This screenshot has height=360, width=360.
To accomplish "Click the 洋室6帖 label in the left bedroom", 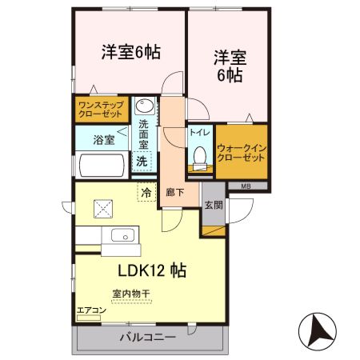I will pos(130,52).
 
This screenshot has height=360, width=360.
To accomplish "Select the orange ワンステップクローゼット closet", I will pos(100,109).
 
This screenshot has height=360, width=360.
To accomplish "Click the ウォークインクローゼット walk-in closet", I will pos(241,152).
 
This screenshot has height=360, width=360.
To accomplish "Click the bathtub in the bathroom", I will pos(101,166).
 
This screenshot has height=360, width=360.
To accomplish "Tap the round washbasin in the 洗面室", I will pos(144,106).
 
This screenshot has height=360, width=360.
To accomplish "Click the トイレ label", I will pos(197,134).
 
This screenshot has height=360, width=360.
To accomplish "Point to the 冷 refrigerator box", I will pos(146,191).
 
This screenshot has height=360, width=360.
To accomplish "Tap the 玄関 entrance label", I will pos(213,204).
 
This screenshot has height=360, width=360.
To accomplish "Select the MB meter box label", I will pos(245,186).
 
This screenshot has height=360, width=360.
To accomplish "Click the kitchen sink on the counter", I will pos(123,235).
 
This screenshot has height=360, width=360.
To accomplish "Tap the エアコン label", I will pos(91,310).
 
